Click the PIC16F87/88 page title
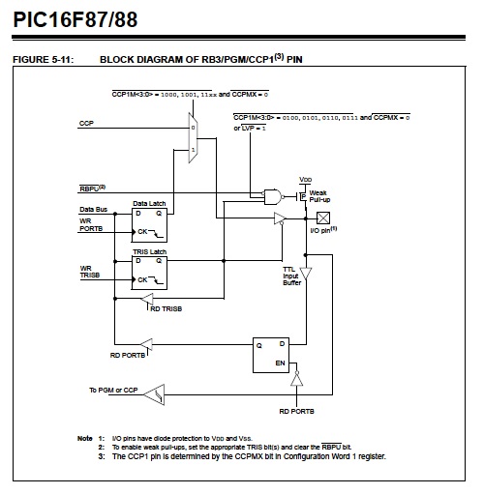click(76, 19)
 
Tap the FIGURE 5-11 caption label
click(44, 60)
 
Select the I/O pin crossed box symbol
click(323, 218)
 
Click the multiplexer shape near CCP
click(193, 138)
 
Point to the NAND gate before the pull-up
click(273, 197)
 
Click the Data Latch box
click(149, 225)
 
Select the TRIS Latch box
click(149, 273)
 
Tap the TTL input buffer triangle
click(305, 274)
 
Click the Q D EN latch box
click(271, 355)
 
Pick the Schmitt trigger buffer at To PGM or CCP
click(154, 394)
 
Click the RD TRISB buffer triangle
click(147, 299)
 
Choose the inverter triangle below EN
click(296, 379)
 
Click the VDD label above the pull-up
click(305, 180)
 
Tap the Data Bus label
click(93, 210)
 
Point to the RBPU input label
click(92, 189)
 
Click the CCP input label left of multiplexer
click(86, 123)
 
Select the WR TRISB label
click(90, 272)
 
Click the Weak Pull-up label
click(319, 196)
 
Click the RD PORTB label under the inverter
click(296, 412)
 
